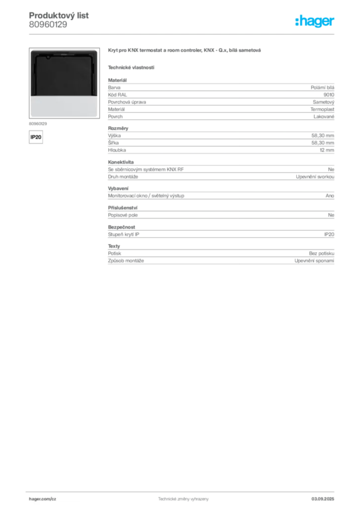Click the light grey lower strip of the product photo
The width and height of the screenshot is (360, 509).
click(x=64, y=106)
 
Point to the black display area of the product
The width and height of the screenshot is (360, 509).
click(x=64, y=75)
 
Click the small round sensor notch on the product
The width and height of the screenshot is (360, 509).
click(x=47, y=57)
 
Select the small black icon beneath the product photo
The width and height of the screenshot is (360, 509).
click(x=35, y=137)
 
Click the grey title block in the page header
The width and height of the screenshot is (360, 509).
click(x=60, y=19)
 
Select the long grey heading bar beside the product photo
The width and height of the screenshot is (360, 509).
click(x=184, y=52)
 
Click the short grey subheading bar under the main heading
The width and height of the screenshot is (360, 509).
click(x=131, y=68)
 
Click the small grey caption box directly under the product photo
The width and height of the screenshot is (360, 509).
click(x=38, y=123)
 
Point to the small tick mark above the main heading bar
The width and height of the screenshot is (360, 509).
click(x=219, y=46)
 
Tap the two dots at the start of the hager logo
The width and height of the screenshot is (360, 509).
click(x=296, y=18)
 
